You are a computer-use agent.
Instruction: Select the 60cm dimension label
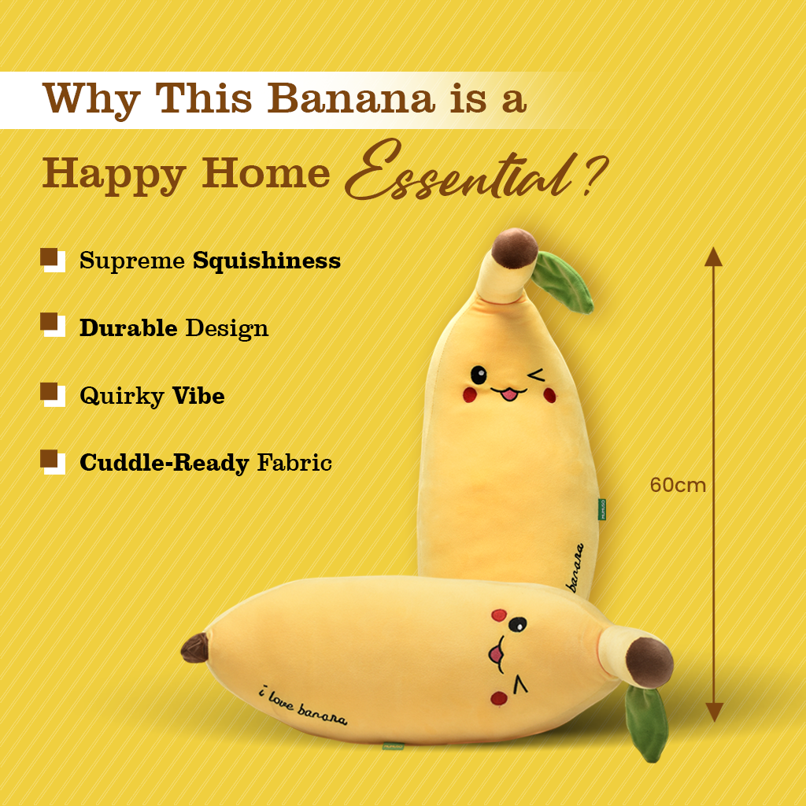678,485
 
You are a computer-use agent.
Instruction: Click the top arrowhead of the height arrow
713,256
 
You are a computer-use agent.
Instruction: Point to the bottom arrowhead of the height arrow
713,712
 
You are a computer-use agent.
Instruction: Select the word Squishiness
267,261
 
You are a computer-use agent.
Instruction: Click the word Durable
128,327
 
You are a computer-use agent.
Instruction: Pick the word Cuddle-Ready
164,462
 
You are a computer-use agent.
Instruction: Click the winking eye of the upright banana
537,375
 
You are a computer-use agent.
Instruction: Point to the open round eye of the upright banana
479,373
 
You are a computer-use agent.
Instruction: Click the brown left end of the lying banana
194,648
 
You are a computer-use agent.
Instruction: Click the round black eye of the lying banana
517,625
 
